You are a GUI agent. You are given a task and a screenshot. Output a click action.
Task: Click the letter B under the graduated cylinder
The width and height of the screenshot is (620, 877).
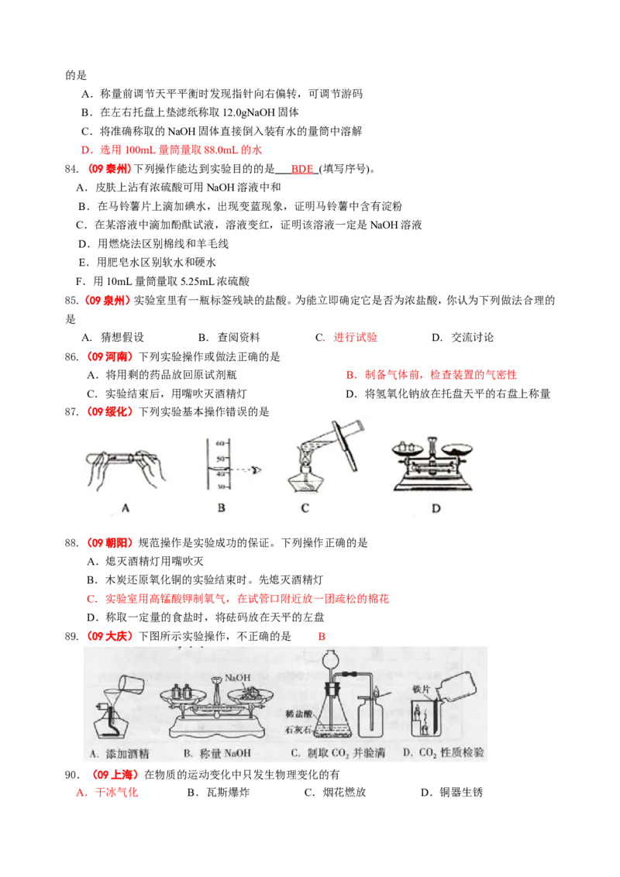click(221, 508)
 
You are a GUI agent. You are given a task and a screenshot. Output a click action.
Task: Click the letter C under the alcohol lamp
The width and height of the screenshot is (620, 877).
click(305, 508)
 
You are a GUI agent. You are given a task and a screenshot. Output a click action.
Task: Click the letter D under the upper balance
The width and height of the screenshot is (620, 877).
click(436, 508)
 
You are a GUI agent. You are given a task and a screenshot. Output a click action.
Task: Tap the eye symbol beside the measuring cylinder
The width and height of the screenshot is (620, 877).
click(253, 470)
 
